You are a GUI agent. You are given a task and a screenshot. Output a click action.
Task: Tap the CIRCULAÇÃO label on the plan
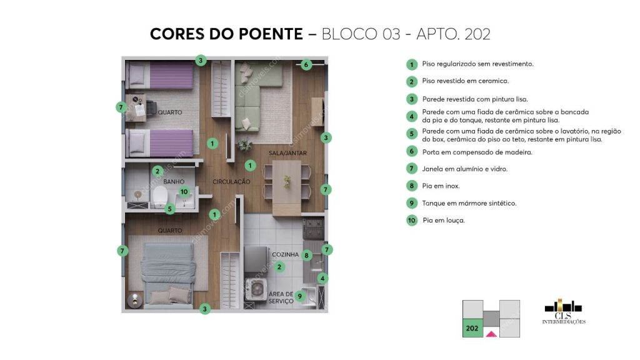click(231, 182)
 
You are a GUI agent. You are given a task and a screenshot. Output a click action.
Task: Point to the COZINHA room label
click(283, 255)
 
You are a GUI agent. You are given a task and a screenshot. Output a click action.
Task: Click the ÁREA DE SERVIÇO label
click(281, 297)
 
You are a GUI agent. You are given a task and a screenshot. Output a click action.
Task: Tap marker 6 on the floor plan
click(306, 64)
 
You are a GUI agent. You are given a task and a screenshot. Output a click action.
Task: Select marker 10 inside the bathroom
click(184, 192)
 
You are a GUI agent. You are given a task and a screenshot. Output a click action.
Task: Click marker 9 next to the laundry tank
click(300, 296)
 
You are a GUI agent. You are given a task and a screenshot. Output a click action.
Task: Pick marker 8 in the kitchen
click(306, 255)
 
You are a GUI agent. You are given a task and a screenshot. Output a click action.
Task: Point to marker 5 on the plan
click(170, 209)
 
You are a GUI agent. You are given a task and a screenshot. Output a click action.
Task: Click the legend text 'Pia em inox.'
click(441, 186)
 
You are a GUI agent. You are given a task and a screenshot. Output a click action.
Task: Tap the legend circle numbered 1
click(411, 64)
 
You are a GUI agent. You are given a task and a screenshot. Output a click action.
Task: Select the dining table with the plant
click(286, 182)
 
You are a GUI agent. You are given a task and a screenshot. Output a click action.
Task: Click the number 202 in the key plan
click(472, 327)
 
